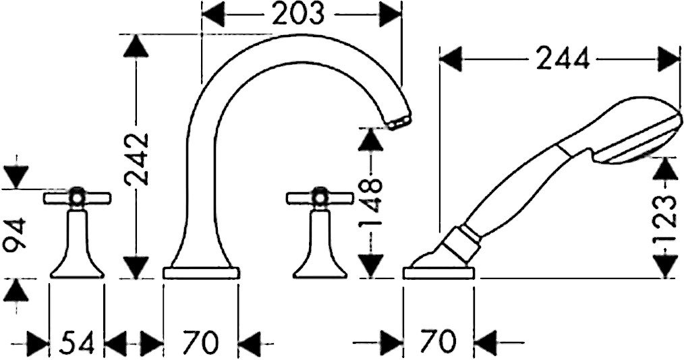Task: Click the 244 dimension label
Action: (563, 59)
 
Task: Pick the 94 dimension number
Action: (14, 235)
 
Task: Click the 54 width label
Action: (76, 342)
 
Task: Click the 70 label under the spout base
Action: (200, 342)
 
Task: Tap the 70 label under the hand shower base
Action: (438, 342)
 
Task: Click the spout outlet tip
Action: (399, 123)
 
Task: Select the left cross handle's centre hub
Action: (77, 198)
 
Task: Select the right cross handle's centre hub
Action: (320, 198)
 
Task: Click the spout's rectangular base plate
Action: (201, 273)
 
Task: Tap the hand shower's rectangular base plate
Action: (439, 273)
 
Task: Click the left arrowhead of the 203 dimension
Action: (213, 13)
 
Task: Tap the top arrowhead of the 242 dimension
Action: (136, 45)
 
